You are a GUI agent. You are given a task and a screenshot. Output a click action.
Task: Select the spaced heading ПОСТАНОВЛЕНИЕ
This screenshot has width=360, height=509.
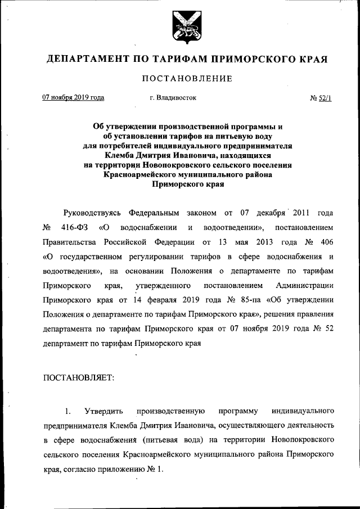(187, 78)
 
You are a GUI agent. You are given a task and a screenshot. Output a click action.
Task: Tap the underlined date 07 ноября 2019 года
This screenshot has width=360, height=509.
(74, 97)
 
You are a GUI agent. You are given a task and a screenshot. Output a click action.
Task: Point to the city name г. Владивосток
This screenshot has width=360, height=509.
(173, 97)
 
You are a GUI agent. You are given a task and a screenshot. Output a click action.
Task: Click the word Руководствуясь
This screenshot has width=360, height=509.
(93, 213)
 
